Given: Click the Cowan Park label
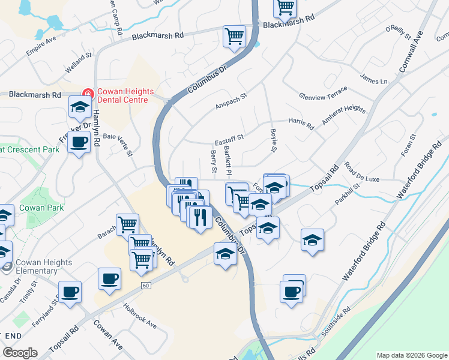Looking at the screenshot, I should coord(41,208).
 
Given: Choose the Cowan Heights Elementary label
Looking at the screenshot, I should coord(44,266).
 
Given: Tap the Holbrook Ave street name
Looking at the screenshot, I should coord(140,316).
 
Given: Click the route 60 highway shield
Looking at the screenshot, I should coord(146,286).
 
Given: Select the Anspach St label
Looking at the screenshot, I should coord(232,101).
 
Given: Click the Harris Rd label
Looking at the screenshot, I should coord(301,123).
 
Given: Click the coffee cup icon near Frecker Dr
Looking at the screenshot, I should coord(79,143).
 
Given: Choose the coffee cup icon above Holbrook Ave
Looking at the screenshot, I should coord(109,279).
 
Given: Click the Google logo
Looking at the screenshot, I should coord(20,353).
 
